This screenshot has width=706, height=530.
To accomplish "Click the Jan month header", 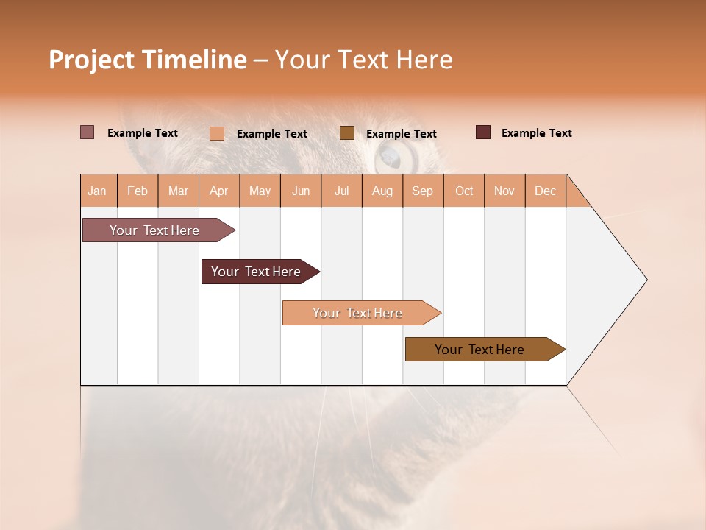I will (98, 191).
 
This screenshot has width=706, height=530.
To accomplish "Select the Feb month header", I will (138, 191).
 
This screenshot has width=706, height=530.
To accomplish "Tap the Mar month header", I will (178, 191).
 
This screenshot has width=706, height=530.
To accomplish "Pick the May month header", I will (260, 191).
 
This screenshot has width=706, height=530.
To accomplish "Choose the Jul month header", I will (341, 191).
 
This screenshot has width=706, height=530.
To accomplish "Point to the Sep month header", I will (422, 191).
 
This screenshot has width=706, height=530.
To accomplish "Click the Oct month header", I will (464, 191).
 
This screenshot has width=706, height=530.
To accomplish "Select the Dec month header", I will (545, 191).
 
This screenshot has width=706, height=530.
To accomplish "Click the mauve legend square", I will (87, 132).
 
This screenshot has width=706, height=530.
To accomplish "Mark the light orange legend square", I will (216, 133).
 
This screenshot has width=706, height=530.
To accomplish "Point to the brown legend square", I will (347, 133).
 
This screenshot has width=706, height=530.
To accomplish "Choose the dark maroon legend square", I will (482, 132).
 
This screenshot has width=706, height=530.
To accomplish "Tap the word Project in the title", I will (91, 60).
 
